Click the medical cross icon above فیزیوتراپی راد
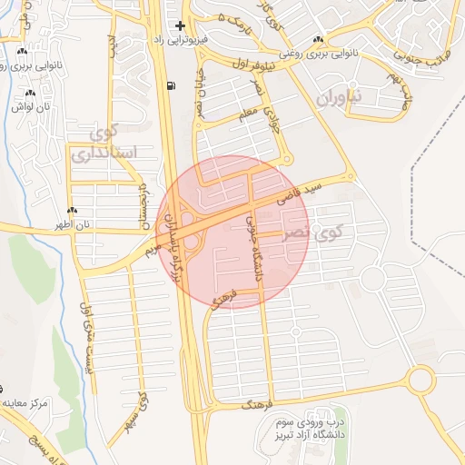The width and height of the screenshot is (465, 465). tap(181, 25)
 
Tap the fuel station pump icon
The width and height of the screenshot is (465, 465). tap(171, 86)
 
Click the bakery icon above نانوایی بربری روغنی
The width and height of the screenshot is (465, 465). tap(317, 39)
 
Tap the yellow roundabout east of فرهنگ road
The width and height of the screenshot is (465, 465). tap(421, 380)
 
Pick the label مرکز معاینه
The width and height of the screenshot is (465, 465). tap(25, 401)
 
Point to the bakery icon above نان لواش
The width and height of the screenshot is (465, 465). tap(31, 93)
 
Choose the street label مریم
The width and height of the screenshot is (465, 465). tap(153, 246)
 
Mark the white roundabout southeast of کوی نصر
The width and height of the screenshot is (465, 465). tap(372, 279)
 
